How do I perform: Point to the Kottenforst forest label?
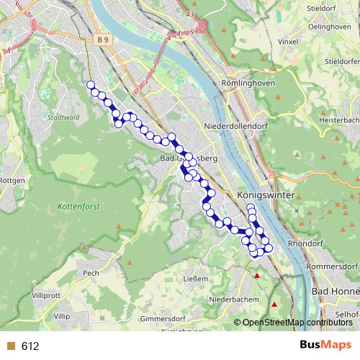point(76,206)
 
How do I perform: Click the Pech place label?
point(91,273)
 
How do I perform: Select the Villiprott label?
point(47,296)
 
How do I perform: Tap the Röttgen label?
point(12,180)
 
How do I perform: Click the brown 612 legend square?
point(10,346)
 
